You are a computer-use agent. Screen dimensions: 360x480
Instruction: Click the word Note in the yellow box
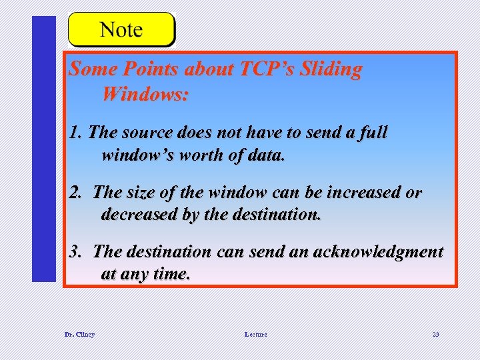(121, 30)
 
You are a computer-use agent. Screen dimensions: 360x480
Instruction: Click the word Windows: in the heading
(145, 94)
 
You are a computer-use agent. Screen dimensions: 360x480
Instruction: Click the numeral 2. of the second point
(77, 193)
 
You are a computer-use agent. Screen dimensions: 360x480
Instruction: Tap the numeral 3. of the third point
(77, 252)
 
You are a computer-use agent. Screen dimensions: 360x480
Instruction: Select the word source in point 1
(150, 133)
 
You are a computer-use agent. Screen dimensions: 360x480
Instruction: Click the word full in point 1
(371, 133)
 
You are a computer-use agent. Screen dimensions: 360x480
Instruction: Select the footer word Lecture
(255, 334)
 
